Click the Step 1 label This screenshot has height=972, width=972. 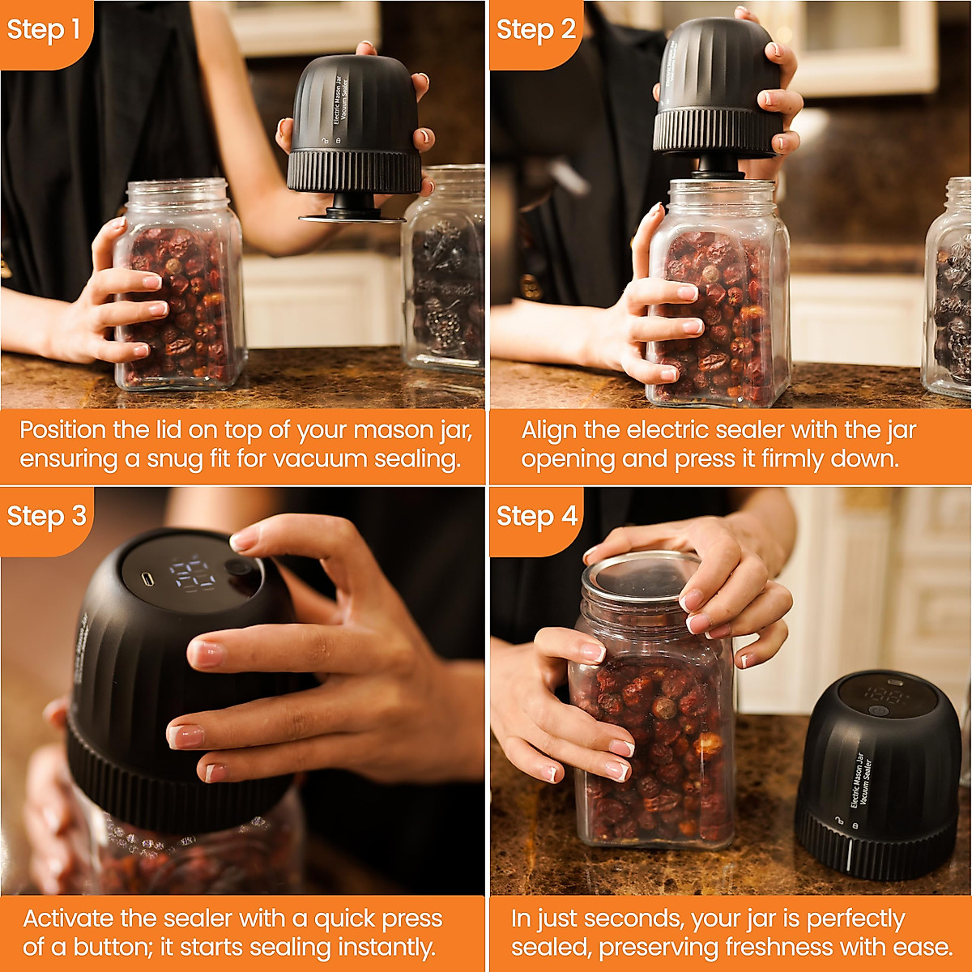44,29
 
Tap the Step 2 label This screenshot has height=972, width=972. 535,29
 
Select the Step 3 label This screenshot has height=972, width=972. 47,516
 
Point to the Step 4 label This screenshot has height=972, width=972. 537,516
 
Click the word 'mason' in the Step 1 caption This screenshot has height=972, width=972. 391,430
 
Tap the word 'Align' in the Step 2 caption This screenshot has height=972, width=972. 549,431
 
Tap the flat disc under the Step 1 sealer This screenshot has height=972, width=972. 352,219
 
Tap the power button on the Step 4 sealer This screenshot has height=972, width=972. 878,710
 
